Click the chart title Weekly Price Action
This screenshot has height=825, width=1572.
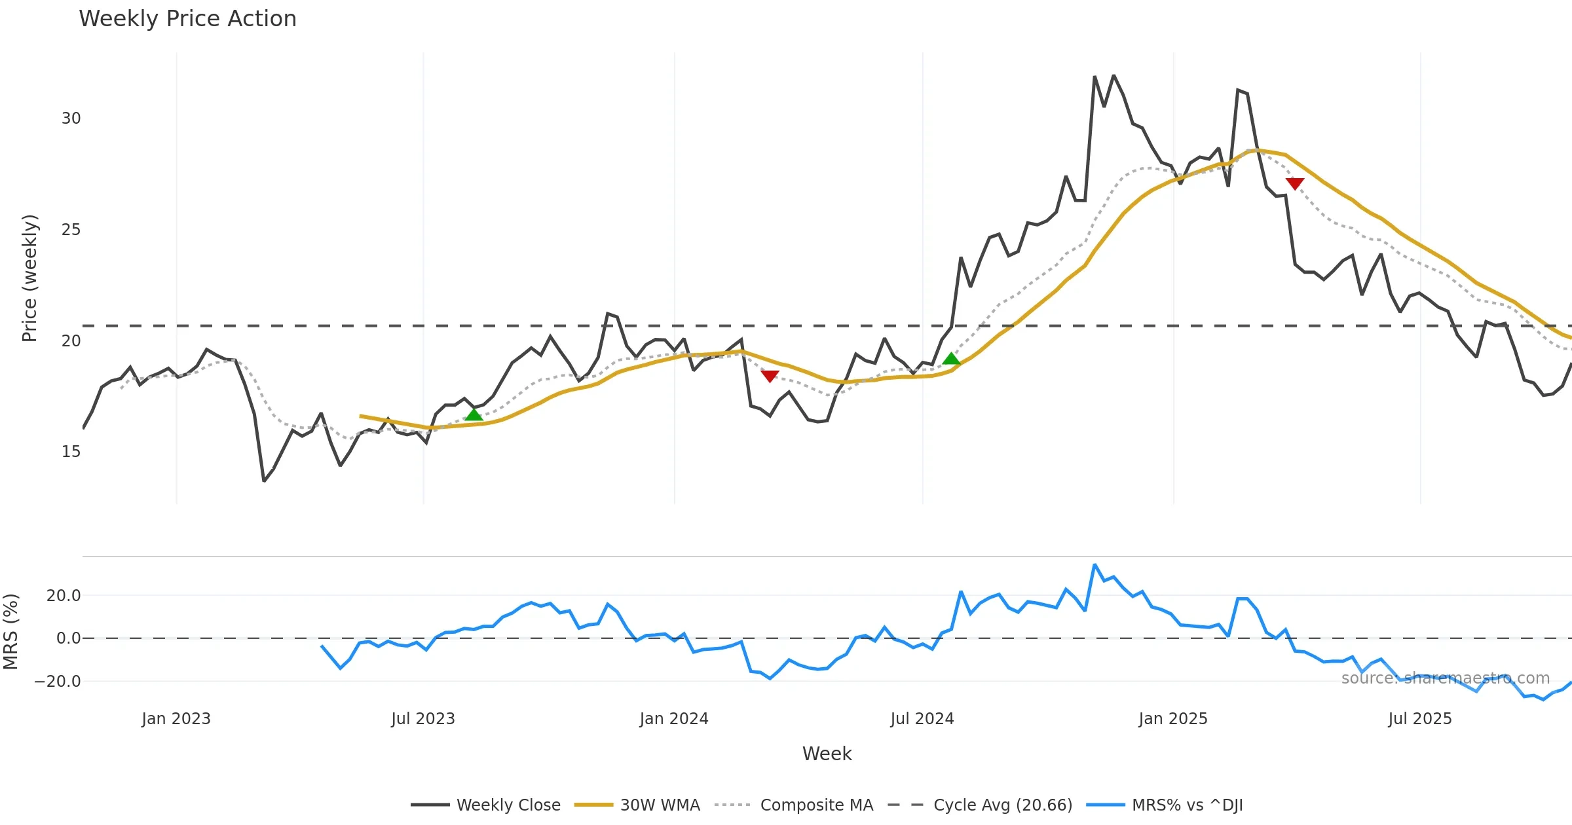[187, 19]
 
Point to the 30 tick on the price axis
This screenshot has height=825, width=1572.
[71, 119]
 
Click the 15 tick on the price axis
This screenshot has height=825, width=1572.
[71, 452]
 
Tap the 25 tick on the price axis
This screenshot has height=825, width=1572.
[71, 230]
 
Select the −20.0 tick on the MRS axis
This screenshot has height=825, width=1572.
[57, 682]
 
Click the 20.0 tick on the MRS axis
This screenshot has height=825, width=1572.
[63, 596]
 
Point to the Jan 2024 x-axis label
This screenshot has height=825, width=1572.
[674, 719]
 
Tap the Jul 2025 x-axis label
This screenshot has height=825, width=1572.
[1419, 719]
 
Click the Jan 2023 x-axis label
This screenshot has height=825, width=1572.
[176, 719]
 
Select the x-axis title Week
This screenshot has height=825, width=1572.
[827, 754]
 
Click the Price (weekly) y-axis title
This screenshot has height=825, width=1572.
[29, 278]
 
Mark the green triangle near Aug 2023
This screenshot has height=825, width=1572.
[474, 414]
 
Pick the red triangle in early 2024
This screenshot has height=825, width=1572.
[770, 376]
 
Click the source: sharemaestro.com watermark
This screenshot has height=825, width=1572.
[1445, 678]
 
